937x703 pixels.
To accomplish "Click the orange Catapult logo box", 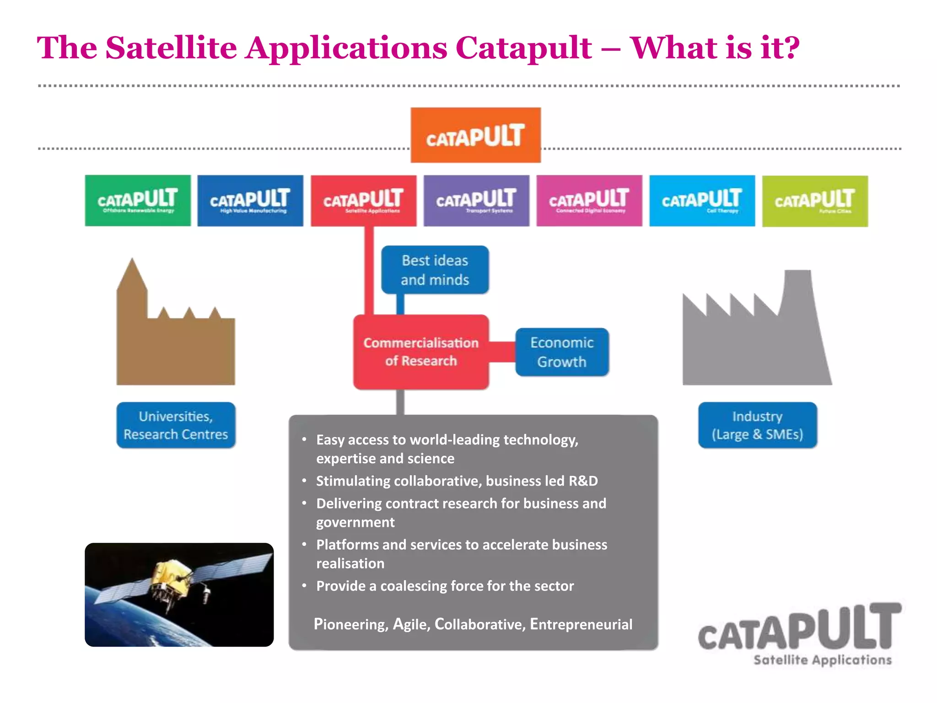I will (x=475, y=135).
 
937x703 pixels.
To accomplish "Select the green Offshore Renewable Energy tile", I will (x=138, y=200).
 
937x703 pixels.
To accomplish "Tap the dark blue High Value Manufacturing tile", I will (x=250, y=200).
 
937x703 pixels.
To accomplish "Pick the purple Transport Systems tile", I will (x=476, y=200).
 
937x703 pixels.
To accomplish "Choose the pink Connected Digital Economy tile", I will (x=589, y=200).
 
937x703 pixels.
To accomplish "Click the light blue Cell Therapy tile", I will (x=702, y=200).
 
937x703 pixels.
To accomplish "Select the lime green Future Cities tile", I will (x=815, y=201).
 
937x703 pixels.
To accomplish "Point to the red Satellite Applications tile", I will (x=364, y=200).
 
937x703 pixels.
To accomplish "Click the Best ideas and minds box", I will (x=435, y=270).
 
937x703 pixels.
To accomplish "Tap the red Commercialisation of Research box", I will (x=421, y=351).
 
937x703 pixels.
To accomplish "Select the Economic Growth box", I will (x=562, y=352).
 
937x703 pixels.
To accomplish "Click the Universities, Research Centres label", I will (x=176, y=425).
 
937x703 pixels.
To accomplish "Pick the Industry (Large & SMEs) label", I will (x=757, y=425).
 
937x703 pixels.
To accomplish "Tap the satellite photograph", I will (x=179, y=595).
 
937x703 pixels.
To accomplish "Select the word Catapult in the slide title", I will (x=523, y=48).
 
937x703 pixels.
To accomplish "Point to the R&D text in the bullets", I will (x=583, y=481).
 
